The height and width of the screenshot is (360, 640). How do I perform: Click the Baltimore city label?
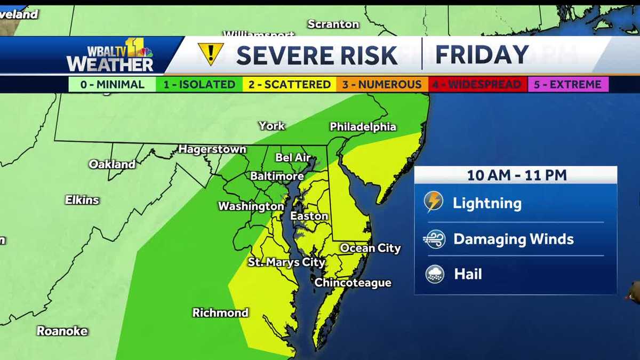pos(277,176)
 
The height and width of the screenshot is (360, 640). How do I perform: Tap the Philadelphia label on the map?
pos(363,127)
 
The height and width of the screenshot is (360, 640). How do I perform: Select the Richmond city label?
pos(220,313)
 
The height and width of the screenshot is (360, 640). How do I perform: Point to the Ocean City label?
pos(370,248)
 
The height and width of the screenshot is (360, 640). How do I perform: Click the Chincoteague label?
pos(353,283)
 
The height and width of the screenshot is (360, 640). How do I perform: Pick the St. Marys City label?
pos(286,262)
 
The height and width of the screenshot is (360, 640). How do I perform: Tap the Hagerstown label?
pos(212,149)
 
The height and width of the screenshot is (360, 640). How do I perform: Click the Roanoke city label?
pos(62,331)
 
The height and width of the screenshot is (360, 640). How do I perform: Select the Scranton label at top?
pos(333,24)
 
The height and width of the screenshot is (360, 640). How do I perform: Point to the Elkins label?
pos(82,200)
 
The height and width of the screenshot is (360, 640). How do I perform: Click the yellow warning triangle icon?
pos(210,54)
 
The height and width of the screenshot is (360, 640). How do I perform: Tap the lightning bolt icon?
pos(434,202)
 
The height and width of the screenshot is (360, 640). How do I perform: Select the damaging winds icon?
pos(434,239)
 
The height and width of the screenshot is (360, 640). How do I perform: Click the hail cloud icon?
pos(435,274)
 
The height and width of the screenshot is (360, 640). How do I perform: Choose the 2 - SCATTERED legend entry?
pos(289,84)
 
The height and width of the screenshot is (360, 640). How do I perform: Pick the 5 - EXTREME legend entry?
pos(568,84)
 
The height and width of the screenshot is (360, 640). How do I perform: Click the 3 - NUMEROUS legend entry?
pos(382,84)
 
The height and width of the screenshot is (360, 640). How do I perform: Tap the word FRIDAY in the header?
pos(482,55)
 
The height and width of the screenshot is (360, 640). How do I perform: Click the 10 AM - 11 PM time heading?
pos(516,175)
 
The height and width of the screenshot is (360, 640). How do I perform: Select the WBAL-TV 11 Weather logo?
pos(111,55)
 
